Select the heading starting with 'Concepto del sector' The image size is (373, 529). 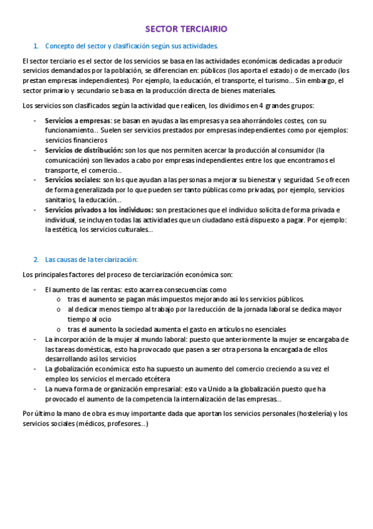tap(131, 46)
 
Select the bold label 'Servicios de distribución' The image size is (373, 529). tap(84, 150)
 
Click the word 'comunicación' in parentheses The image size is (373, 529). tap(65, 160)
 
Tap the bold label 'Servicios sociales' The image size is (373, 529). tap(73, 180)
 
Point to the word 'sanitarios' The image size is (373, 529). tap(60, 200)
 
